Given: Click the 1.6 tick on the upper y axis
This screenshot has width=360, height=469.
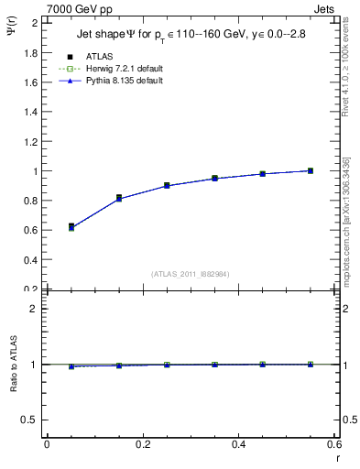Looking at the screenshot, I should pos(30,82).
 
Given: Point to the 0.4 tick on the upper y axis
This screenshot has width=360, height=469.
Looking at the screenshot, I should pos(30,259).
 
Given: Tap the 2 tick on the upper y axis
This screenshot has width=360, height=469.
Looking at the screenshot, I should pos(35,22).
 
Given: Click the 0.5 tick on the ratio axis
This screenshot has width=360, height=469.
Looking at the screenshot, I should pos(30,420).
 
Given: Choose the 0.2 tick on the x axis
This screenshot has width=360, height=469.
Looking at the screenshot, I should pos(143,444).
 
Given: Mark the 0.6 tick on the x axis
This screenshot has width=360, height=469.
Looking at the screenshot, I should pos(335,444).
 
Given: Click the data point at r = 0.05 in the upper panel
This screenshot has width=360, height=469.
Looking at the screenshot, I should pos(71,226).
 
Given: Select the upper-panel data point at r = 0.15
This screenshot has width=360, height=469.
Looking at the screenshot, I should pos(119,198).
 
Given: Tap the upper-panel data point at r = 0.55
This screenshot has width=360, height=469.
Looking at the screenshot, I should pos(311,170).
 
